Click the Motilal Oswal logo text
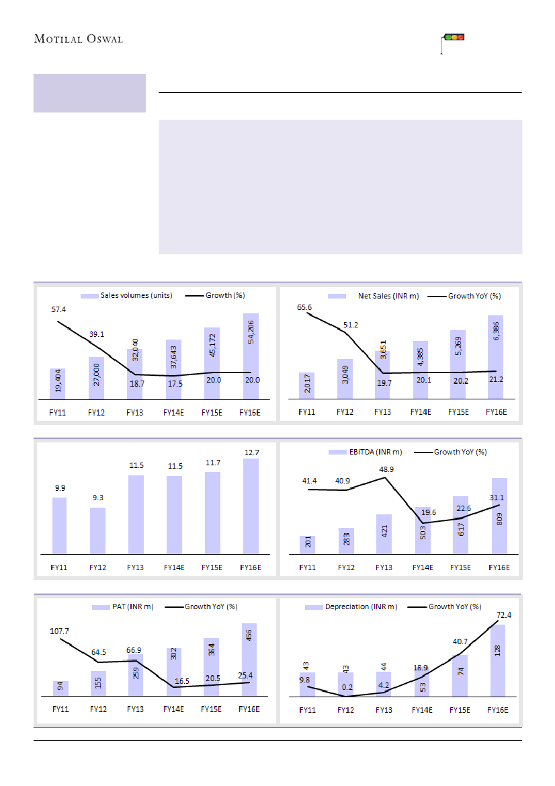(x=79, y=39)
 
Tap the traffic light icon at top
(x=456, y=38)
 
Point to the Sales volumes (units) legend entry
(x=127, y=296)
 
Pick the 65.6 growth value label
(x=306, y=307)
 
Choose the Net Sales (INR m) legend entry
(x=374, y=296)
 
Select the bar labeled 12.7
(x=251, y=506)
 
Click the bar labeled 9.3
(x=97, y=531)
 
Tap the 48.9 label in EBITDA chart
(x=384, y=468)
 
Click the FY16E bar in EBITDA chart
(x=499, y=516)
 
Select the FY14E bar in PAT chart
(x=174, y=672)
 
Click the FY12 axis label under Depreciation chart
(x=346, y=710)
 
